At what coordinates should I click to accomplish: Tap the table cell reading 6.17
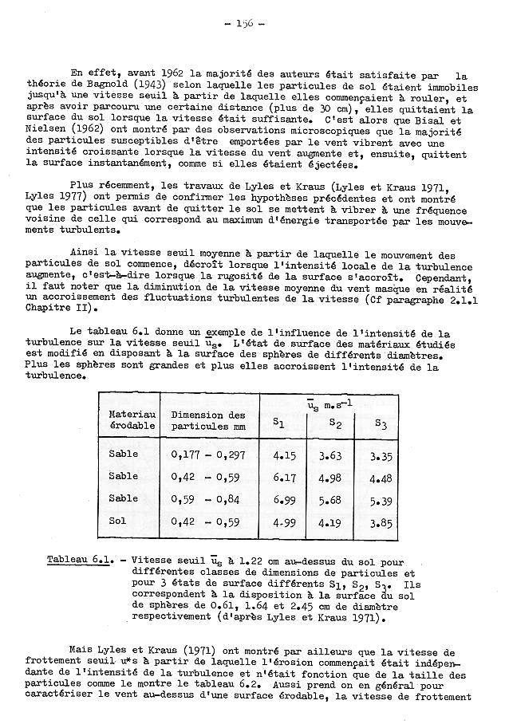coord(284,477)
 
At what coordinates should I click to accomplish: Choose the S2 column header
coord(335,423)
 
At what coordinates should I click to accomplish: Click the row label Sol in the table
coord(118,521)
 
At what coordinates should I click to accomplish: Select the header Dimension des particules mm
coord(208,420)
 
